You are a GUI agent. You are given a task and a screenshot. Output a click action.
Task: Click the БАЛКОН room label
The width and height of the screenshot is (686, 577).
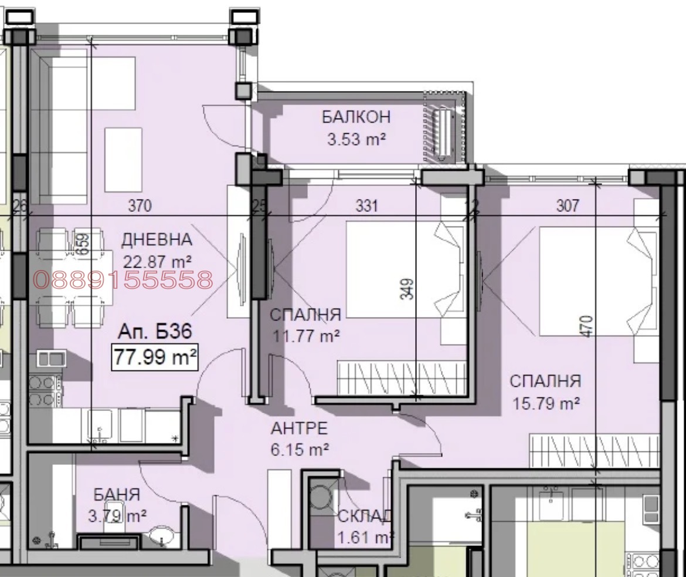tap(356, 117)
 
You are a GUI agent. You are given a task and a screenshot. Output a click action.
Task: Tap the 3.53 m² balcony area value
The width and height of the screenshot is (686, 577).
tap(356, 139)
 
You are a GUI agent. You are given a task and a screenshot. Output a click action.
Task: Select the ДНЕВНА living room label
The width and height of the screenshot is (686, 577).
tap(157, 239)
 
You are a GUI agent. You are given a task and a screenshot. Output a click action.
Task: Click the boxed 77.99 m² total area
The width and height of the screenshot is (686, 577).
tap(155, 357)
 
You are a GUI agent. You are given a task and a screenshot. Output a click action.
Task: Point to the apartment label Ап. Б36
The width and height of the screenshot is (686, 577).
tap(155, 331)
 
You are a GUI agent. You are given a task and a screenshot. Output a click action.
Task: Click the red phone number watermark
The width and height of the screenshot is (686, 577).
tap(123, 279)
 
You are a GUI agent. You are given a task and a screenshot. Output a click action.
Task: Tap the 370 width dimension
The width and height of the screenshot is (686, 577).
tap(140, 205)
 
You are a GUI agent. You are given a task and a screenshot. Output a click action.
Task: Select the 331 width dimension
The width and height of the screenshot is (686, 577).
tap(366, 205)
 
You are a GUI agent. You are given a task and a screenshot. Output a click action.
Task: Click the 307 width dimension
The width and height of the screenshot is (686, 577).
tap(568, 205)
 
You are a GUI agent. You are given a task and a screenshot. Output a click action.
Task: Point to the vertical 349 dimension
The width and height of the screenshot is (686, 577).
tap(407, 289)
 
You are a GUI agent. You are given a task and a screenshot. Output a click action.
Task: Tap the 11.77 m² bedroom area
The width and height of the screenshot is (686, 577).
tap(306, 336)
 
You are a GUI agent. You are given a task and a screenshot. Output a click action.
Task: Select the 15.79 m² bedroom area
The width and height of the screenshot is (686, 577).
tap(546, 403)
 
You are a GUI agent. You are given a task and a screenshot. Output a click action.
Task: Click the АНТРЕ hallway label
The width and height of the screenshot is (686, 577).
tap(299, 428)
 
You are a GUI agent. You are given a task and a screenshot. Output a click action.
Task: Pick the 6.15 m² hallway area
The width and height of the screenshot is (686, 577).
tap(300, 450)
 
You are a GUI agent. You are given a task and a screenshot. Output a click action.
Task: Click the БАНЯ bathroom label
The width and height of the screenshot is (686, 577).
tap(117, 495)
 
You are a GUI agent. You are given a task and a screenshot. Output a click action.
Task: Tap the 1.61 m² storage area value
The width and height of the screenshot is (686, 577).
tap(365, 537)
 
